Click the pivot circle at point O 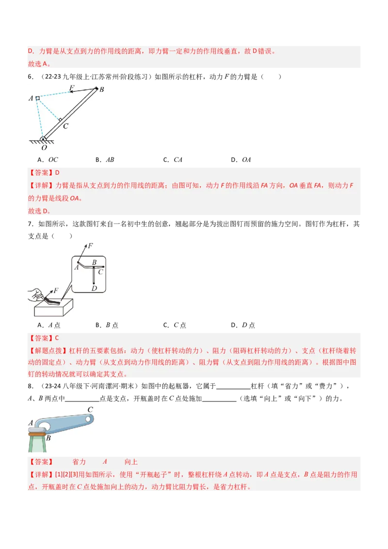(43, 139)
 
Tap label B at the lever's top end (101, 90)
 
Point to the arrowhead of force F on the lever (71, 91)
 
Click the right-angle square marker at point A (37, 98)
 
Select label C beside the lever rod (66, 126)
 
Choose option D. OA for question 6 (241, 160)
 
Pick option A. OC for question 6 (48, 160)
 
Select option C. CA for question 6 (173, 160)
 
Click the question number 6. (31, 77)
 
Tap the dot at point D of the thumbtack (94, 283)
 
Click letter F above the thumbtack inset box (90, 246)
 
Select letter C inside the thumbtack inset (100, 272)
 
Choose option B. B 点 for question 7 (107, 325)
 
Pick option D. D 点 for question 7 (242, 325)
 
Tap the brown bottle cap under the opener (37, 434)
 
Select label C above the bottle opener (90, 410)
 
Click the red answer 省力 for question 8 (79, 462)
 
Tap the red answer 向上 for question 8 (131, 462)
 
